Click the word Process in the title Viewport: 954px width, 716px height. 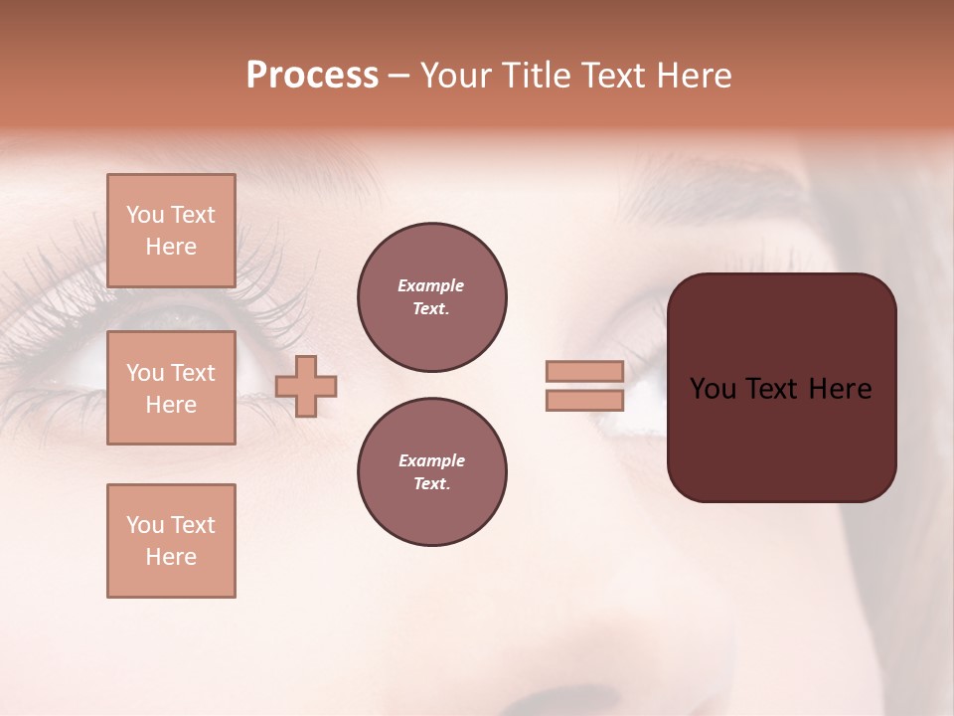[312, 76]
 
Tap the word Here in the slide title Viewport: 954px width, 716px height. [692, 76]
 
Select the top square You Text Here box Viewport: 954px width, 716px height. [171, 231]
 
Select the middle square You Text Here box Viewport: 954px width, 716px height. [171, 388]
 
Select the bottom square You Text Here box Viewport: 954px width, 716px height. [171, 541]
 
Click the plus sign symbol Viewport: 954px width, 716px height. [306, 386]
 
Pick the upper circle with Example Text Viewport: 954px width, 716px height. [432, 297]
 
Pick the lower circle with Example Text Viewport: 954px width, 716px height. [432, 472]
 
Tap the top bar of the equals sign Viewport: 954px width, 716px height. [584, 371]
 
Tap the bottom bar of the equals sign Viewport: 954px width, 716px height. [584, 401]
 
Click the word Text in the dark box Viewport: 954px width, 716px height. [777, 389]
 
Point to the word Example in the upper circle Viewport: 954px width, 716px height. [431, 285]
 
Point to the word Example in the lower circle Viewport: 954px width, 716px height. [431, 460]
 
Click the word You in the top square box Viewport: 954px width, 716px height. [145, 215]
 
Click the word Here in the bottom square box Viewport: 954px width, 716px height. [171, 557]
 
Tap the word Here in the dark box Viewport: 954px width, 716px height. [840, 389]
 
